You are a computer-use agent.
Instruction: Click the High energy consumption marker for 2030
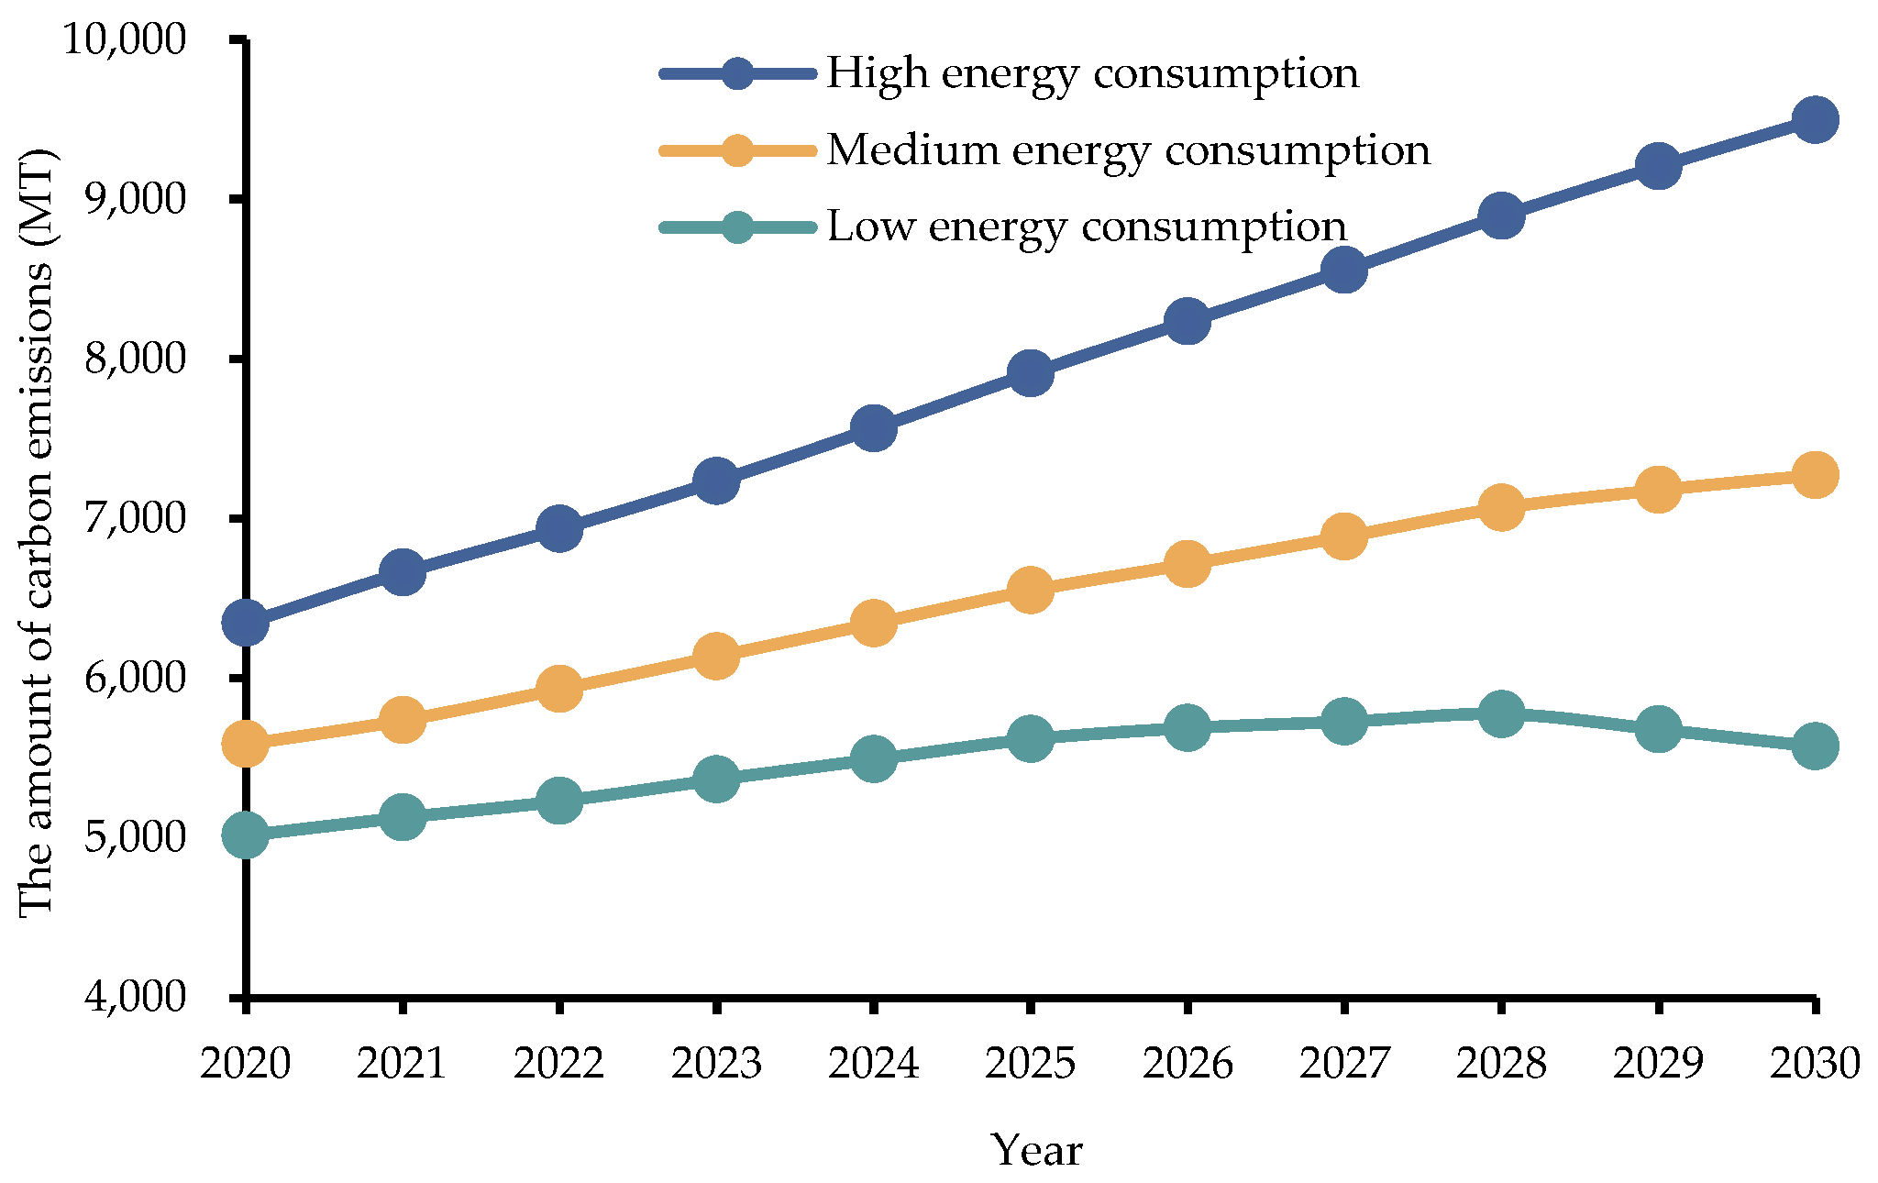1814,119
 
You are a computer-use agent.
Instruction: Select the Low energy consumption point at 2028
1500,713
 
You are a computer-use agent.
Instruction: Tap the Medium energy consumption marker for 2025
1029,590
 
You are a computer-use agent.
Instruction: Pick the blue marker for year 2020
245,624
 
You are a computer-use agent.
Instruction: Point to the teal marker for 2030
1814,746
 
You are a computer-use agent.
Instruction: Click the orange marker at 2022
558,689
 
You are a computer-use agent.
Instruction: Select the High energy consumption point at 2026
1187,321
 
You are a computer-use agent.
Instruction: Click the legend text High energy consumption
1091,73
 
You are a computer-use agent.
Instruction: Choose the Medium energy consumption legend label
1128,150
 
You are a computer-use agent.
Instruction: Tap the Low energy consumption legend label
1087,227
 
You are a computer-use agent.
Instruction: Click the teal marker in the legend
737,227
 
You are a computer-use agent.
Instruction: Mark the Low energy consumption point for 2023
715,779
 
